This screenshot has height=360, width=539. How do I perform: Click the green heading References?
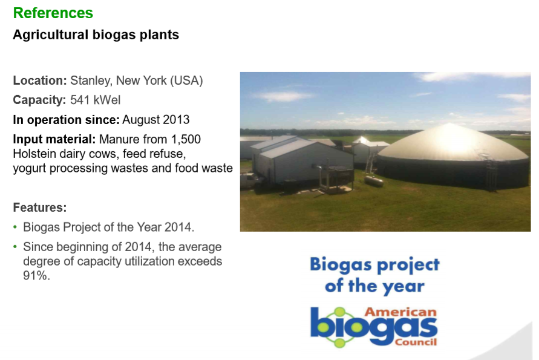click(x=53, y=13)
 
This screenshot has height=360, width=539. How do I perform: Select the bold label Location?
click(x=40, y=80)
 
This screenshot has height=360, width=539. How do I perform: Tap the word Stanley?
click(x=91, y=81)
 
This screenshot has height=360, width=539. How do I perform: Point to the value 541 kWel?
click(x=95, y=100)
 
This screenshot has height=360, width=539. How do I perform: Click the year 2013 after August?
click(x=176, y=120)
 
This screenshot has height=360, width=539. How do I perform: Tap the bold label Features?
click(x=40, y=208)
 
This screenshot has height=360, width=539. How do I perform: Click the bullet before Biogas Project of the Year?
click(x=15, y=227)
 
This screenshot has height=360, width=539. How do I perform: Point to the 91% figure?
click(x=37, y=276)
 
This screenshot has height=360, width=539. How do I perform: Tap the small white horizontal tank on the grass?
click(x=374, y=180)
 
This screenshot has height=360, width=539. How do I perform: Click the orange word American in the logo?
click(x=401, y=312)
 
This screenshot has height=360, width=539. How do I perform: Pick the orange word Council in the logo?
click(x=416, y=342)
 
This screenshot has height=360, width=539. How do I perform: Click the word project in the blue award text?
click(x=408, y=265)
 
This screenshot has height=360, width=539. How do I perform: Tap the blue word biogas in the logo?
click(x=374, y=327)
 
